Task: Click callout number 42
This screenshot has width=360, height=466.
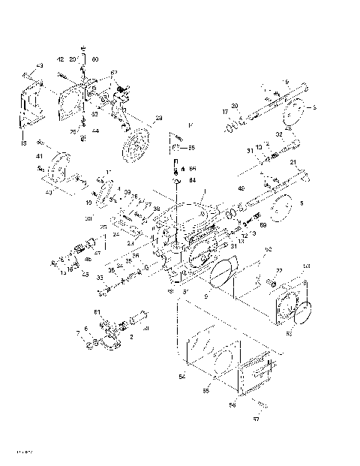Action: (60, 59)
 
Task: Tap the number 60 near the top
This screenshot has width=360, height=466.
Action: (94, 59)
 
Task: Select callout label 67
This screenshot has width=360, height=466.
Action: (114, 73)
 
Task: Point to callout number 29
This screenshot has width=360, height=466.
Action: (158, 118)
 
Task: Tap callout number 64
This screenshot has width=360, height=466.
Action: (192, 180)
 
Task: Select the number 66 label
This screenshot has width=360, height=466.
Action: (192, 170)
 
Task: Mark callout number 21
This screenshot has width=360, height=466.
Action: (293, 163)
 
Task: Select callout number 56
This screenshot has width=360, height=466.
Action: (232, 404)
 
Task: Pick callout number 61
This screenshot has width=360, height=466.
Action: (96, 311)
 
